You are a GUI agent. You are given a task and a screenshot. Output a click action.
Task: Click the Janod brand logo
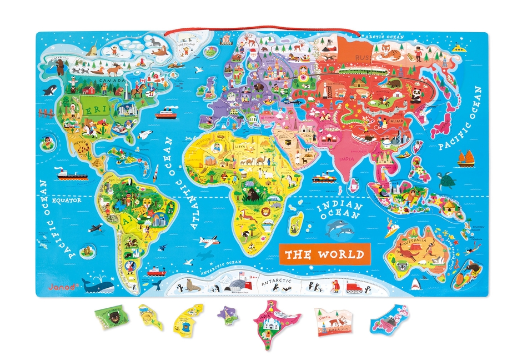(x=54, y=287)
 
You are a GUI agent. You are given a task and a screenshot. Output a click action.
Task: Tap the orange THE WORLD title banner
(x=324, y=254)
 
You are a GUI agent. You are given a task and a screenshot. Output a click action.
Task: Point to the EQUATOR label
(x=66, y=201)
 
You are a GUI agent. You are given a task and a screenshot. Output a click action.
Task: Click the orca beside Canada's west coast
(x=51, y=90)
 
